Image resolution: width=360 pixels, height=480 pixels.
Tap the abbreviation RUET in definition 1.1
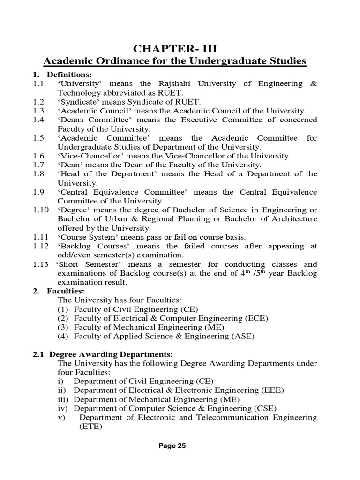(173, 92)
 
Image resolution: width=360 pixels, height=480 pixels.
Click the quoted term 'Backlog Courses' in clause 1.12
(90, 246)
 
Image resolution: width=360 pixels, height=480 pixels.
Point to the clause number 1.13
(40, 264)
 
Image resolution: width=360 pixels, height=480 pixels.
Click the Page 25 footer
(172, 446)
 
